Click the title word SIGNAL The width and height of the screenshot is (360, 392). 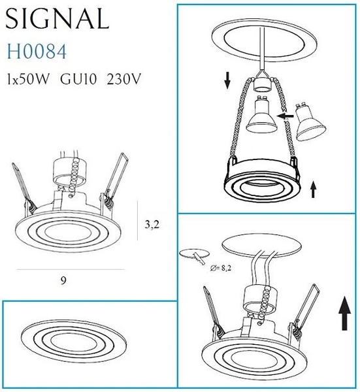pos(57,20)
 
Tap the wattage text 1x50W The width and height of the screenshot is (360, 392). pos(27,81)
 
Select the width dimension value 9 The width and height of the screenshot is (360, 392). pos(63,280)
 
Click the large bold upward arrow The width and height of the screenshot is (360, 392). pos(344,313)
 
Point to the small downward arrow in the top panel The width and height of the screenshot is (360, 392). pos(227,80)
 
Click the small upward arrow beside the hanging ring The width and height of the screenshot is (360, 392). pos(314,189)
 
